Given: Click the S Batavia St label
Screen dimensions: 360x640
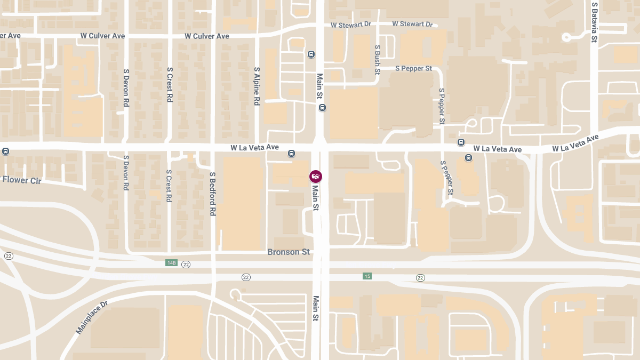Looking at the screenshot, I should (594, 22).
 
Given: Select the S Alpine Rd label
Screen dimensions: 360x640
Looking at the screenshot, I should (257, 86).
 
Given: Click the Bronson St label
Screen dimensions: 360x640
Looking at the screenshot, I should (289, 252).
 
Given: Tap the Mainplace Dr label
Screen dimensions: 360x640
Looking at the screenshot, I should (92, 317).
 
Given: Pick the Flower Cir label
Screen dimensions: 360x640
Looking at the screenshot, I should (21, 180).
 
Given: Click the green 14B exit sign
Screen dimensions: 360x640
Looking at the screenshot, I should (171, 263).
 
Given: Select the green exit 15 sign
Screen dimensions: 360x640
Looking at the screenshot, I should (367, 276).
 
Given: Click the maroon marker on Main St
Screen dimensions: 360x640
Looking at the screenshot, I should (316, 176).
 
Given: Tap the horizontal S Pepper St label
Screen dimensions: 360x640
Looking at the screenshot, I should (413, 68).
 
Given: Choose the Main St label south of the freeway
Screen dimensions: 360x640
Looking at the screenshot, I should (316, 308).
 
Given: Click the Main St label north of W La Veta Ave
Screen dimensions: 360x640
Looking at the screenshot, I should (320, 86).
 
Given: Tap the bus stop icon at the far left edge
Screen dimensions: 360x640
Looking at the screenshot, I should (5, 151).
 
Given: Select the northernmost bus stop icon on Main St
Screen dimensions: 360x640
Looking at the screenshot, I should (311, 54).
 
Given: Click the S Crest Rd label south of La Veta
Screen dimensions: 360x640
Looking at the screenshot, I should (169, 186).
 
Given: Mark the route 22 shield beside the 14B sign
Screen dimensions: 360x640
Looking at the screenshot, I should (186, 265).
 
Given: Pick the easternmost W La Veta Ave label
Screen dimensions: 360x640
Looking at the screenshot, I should (575, 143).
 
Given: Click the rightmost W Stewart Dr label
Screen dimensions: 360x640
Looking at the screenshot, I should (412, 24).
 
